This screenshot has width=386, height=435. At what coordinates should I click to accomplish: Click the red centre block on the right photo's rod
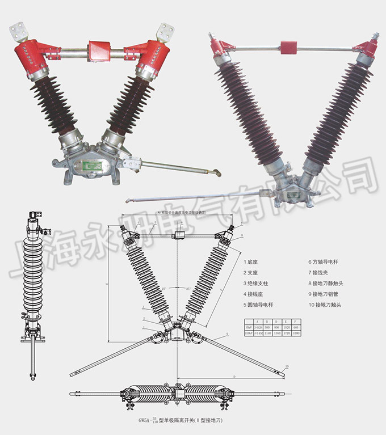coord(289,47)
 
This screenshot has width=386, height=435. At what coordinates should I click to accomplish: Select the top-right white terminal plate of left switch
coord(167,31)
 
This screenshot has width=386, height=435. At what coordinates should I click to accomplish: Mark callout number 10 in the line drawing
coord(287,367)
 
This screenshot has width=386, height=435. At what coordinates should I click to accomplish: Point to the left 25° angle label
coord(165,289)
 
